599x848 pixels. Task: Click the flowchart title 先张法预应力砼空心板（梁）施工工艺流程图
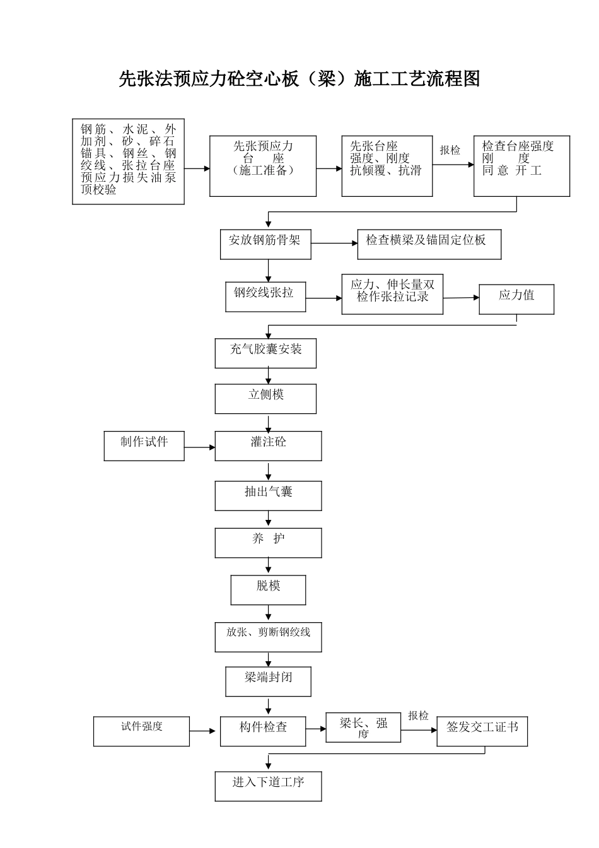tap(299, 79)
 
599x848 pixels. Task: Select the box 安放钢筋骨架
tap(265, 244)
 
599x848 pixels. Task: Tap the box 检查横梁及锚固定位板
tap(429, 244)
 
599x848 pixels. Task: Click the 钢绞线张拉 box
tap(265, 297)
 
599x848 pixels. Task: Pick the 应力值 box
tap(516, 299)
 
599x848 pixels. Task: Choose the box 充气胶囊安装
tap(265, 353)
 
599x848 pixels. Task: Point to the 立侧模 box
tap(265, 399)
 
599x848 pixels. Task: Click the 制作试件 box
tap(144, 446)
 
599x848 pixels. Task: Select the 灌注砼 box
tap(268, 446)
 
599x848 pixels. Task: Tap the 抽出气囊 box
tap(268, 495)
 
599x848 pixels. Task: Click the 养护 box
tap(268, 543)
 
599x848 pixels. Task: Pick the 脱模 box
tap(268, 590)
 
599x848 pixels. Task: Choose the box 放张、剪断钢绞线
tap(268, 637)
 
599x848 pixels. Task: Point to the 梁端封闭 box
tap(268, 681)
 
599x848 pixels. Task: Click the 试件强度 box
tap(141, 731)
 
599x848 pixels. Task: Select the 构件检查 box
tap(263, 731)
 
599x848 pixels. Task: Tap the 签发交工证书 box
tap(482, 731)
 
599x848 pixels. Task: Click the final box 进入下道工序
tap(268, 786)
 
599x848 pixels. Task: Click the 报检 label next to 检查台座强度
tap(450, 150)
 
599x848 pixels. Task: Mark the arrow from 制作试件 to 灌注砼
tap(199, 447)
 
